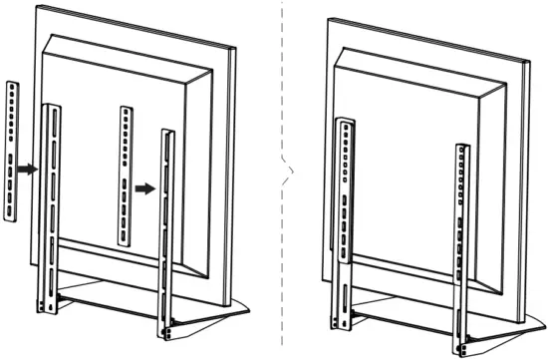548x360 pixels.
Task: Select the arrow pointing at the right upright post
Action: click(145, 186)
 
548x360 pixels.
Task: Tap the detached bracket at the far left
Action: click(12, 150)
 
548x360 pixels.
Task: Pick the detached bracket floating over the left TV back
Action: click(124, 175)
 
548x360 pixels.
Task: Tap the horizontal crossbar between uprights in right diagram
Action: click(404, 312)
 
